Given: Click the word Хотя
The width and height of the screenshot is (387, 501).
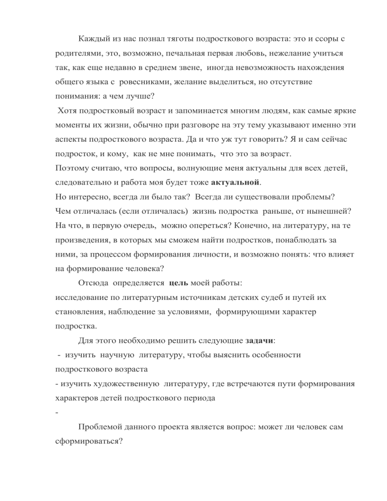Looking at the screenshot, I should tap(68, 109).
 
